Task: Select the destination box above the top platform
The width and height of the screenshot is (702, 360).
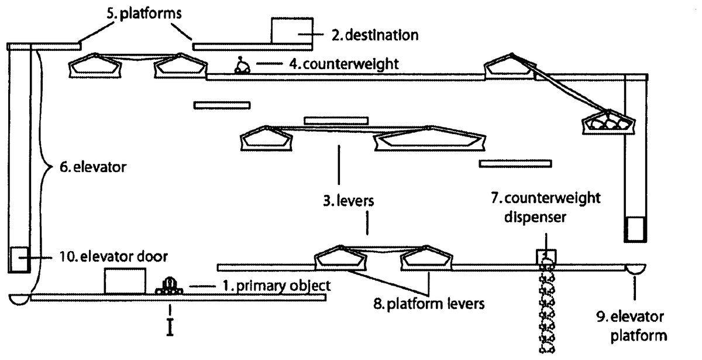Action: (x=291, y=30)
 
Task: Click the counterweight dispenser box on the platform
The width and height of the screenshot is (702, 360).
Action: (x=546, y=256)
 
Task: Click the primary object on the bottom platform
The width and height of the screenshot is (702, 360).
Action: (x=168, y=286)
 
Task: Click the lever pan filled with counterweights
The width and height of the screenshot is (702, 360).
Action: (x=608, y=124)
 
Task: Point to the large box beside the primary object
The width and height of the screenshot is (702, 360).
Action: (x=125, y=280)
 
